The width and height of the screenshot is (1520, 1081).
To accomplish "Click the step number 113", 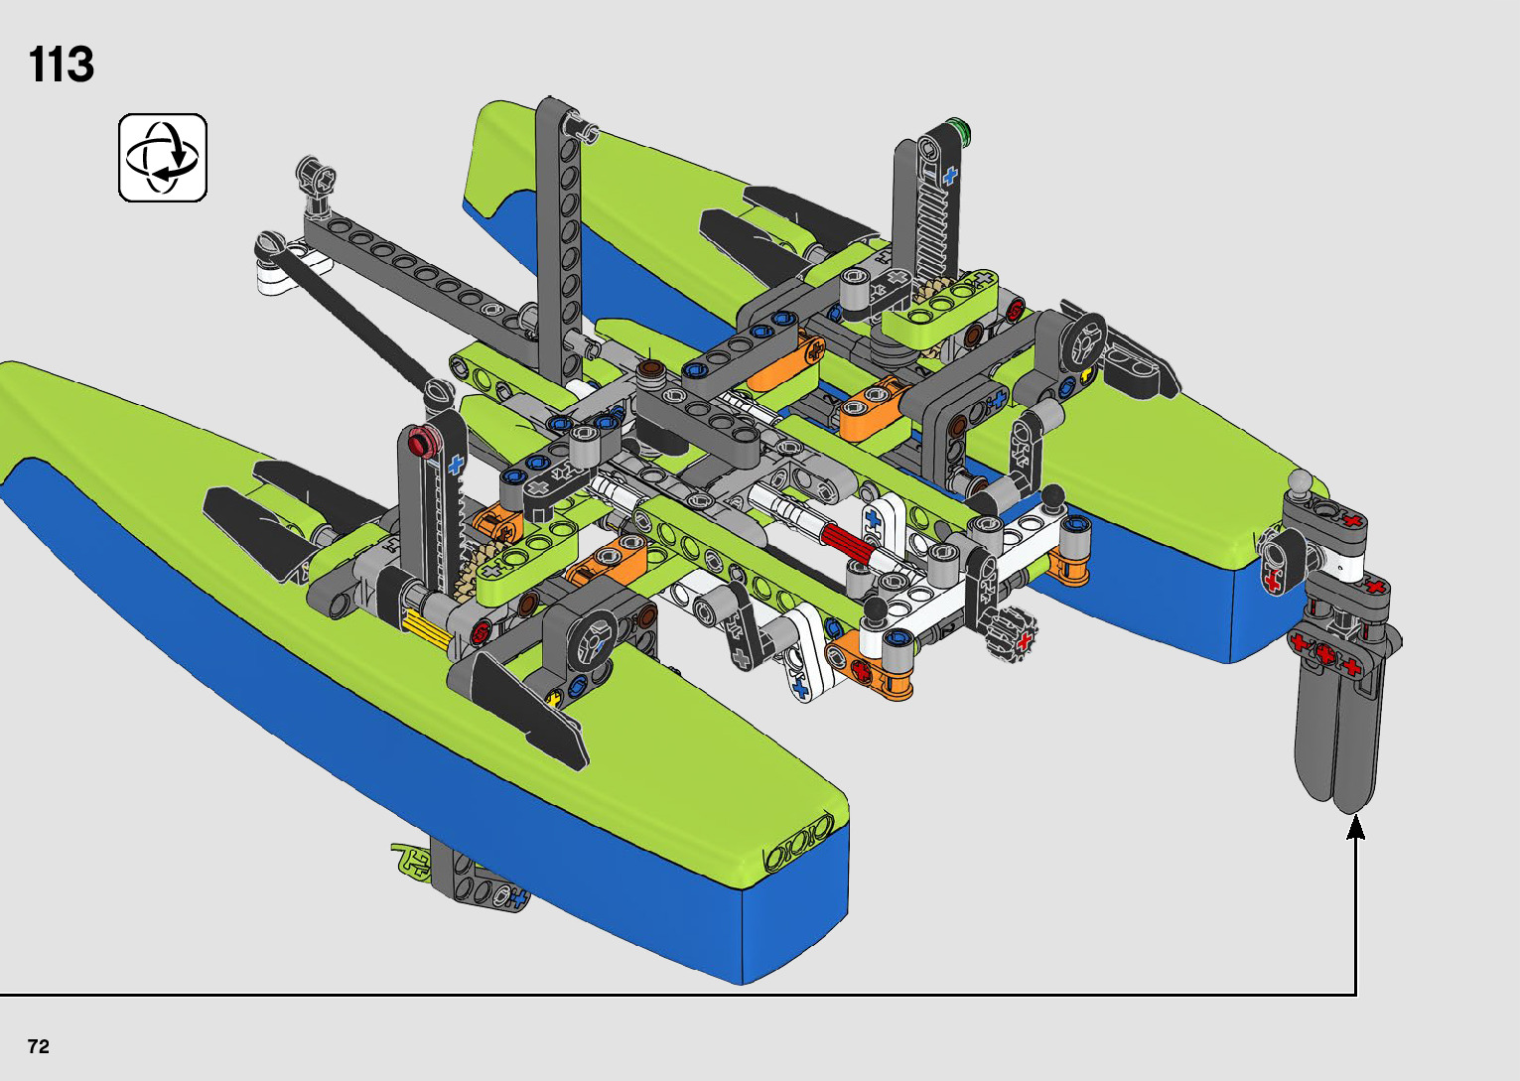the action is pyautogui.click(x=62, y=66).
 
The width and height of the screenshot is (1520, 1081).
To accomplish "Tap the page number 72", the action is pyautogui.click(x=39, y=1046).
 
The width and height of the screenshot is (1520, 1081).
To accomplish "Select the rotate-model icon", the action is pyautogui.click(x=163, y=158).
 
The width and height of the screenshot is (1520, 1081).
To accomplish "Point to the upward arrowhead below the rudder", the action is pyautogui.click(x=1356, y=827).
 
